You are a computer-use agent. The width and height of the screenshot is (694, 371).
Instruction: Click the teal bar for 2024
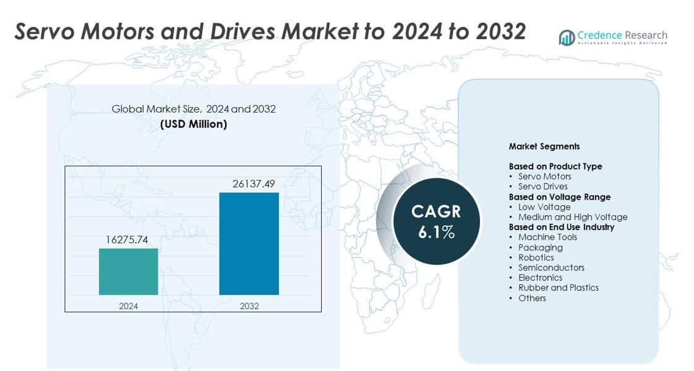(128, 271)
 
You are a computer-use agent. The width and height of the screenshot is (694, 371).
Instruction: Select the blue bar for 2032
(249, 244)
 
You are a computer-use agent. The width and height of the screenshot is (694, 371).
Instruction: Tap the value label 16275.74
(127, 240)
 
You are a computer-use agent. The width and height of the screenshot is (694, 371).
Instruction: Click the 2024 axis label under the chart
(129, 306)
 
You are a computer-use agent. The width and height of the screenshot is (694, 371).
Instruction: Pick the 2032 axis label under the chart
(249, 306)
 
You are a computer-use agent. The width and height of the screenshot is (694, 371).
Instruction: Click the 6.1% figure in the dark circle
(436, 232)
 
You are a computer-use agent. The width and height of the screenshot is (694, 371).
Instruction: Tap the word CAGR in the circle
(436, 211)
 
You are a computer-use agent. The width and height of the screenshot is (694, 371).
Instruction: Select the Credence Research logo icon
(567, 38)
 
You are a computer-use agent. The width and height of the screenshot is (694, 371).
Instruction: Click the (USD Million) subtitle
(194, 124)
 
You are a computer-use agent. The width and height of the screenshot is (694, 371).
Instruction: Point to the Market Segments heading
(544, 147)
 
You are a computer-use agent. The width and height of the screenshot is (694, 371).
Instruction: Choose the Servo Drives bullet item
(542, 186)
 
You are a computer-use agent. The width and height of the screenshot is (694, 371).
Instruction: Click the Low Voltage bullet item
(544, 207)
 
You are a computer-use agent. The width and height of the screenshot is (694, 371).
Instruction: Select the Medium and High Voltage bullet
(572, 217)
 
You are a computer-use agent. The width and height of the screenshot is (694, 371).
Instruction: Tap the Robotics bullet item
(536, 257)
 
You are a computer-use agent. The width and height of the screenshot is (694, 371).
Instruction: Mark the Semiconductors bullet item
(551, 268)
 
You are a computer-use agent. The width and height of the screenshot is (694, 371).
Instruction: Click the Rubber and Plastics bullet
(558, 288)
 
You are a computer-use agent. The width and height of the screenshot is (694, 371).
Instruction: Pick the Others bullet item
(532, 298)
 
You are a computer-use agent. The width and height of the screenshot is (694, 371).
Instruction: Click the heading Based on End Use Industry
(561, 227)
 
